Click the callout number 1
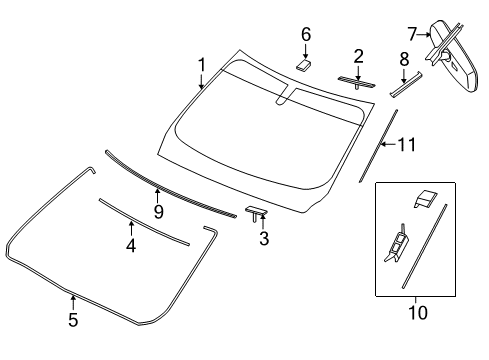click(x=201, y=65)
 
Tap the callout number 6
click(x=306, y=35)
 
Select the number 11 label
click(x=407, y=144)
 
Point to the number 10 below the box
click(x=418, y=313)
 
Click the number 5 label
click(x=73, y=320)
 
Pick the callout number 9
click(x=159, y=211)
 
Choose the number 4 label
click(x=131, y=246)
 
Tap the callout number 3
click(x=264, y=238)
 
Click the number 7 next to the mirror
click(x=413, y=34)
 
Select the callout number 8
click(x=404, y=59)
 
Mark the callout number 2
click(x=358, y=56)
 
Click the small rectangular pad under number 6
click(x=303, y=65)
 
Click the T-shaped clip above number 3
click(x=256, y=212)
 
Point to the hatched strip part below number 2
click(x=357, y=82)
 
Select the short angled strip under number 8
click(x=406, y=85)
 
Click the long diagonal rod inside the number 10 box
click(x=424, y=246)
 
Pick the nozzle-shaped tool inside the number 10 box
click(x=397, y=243)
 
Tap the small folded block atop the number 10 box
click(x=426, y=198)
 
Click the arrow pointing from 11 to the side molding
click(x=388, y=144)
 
